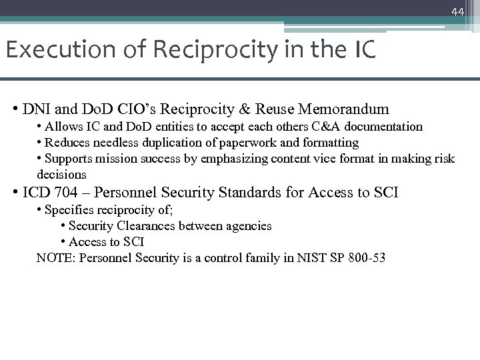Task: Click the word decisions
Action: pos(61,175)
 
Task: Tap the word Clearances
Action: pos(144,226)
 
